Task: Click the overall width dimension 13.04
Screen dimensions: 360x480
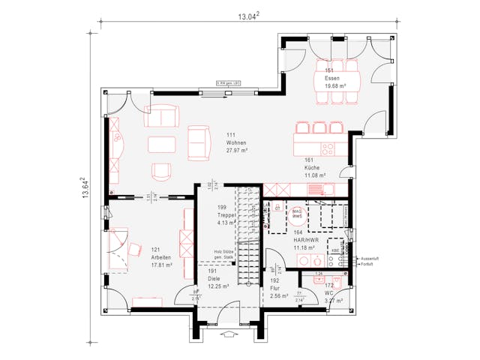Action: (248, 15)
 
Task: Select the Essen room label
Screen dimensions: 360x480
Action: (333, 78)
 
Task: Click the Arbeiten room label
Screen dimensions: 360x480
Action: (161, 256)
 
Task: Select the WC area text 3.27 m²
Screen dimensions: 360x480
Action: (334, 301)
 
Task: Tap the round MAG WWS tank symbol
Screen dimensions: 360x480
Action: (298, 214)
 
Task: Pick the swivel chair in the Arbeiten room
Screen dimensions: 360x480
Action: (136, 250)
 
